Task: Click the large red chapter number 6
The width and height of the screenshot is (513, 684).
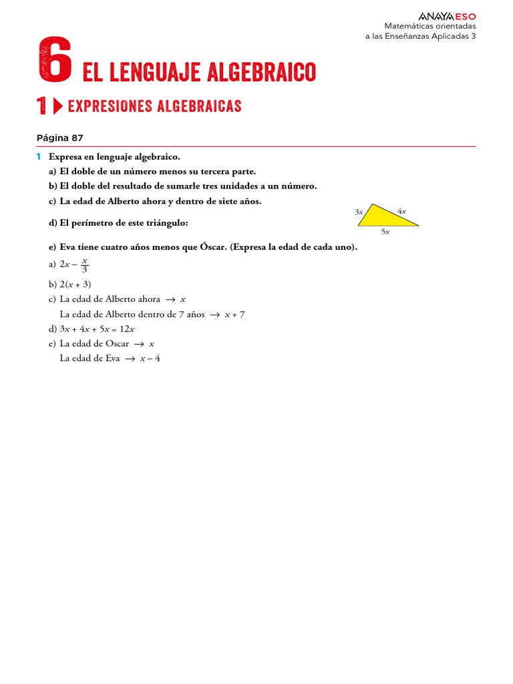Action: (x=55, y=61)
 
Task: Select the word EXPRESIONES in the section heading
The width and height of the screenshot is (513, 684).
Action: (x=110, y=106)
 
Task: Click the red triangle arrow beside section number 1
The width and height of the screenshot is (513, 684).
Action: (x=57, y=106)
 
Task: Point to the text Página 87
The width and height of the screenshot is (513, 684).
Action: (x=60, y=138)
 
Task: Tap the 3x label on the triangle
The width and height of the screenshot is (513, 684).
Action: (x=359, y=212)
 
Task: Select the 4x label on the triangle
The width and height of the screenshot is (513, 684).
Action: (x=401, y=211)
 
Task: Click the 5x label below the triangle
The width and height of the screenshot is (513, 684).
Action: (x=385, y=232)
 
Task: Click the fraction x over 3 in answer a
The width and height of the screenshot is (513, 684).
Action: (x=85, y=266)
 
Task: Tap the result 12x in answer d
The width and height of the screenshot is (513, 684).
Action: (x=127, y=329)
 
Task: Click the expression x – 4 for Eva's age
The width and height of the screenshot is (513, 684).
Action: (x=150, y=358)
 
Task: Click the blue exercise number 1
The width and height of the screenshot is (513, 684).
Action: (x=39, y=156)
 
